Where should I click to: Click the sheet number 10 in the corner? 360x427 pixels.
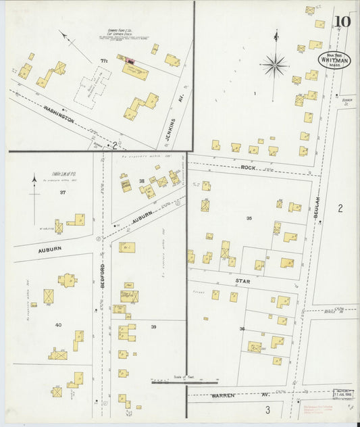click(x=342, y=21)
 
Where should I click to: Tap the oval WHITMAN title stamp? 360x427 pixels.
click(x=334, y=61)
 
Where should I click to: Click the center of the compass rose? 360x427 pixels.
click(x=275, y=66)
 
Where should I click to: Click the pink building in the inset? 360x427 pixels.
click(x=130, y=61)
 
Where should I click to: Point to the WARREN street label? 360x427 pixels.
click(x=222, y=394)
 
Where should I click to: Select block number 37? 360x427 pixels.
click(x=63, y=193)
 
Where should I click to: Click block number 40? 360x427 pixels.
click(x=58, y=325)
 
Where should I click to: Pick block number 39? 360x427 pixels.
click(x=153, y=326)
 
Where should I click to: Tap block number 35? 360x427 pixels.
click(x=249, y=218)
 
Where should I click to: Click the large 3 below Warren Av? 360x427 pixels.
click(x=267, y=409)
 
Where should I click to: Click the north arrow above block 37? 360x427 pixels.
click(x=34, y=180)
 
